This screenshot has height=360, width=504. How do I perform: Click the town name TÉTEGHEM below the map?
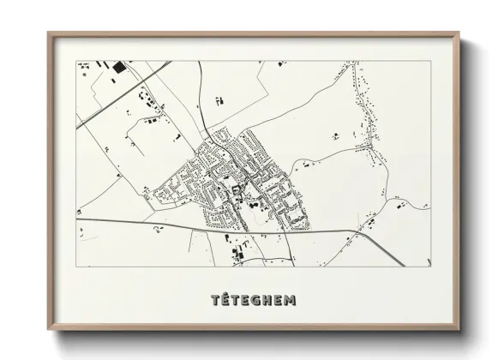[253, 300]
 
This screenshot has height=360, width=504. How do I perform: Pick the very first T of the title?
[215, 300]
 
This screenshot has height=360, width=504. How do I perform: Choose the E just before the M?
[279, 300]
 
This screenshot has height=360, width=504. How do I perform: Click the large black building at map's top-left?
[118, 66]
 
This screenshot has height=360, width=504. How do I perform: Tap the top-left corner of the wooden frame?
[47, 33]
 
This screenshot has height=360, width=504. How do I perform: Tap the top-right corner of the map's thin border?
[428, 60]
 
